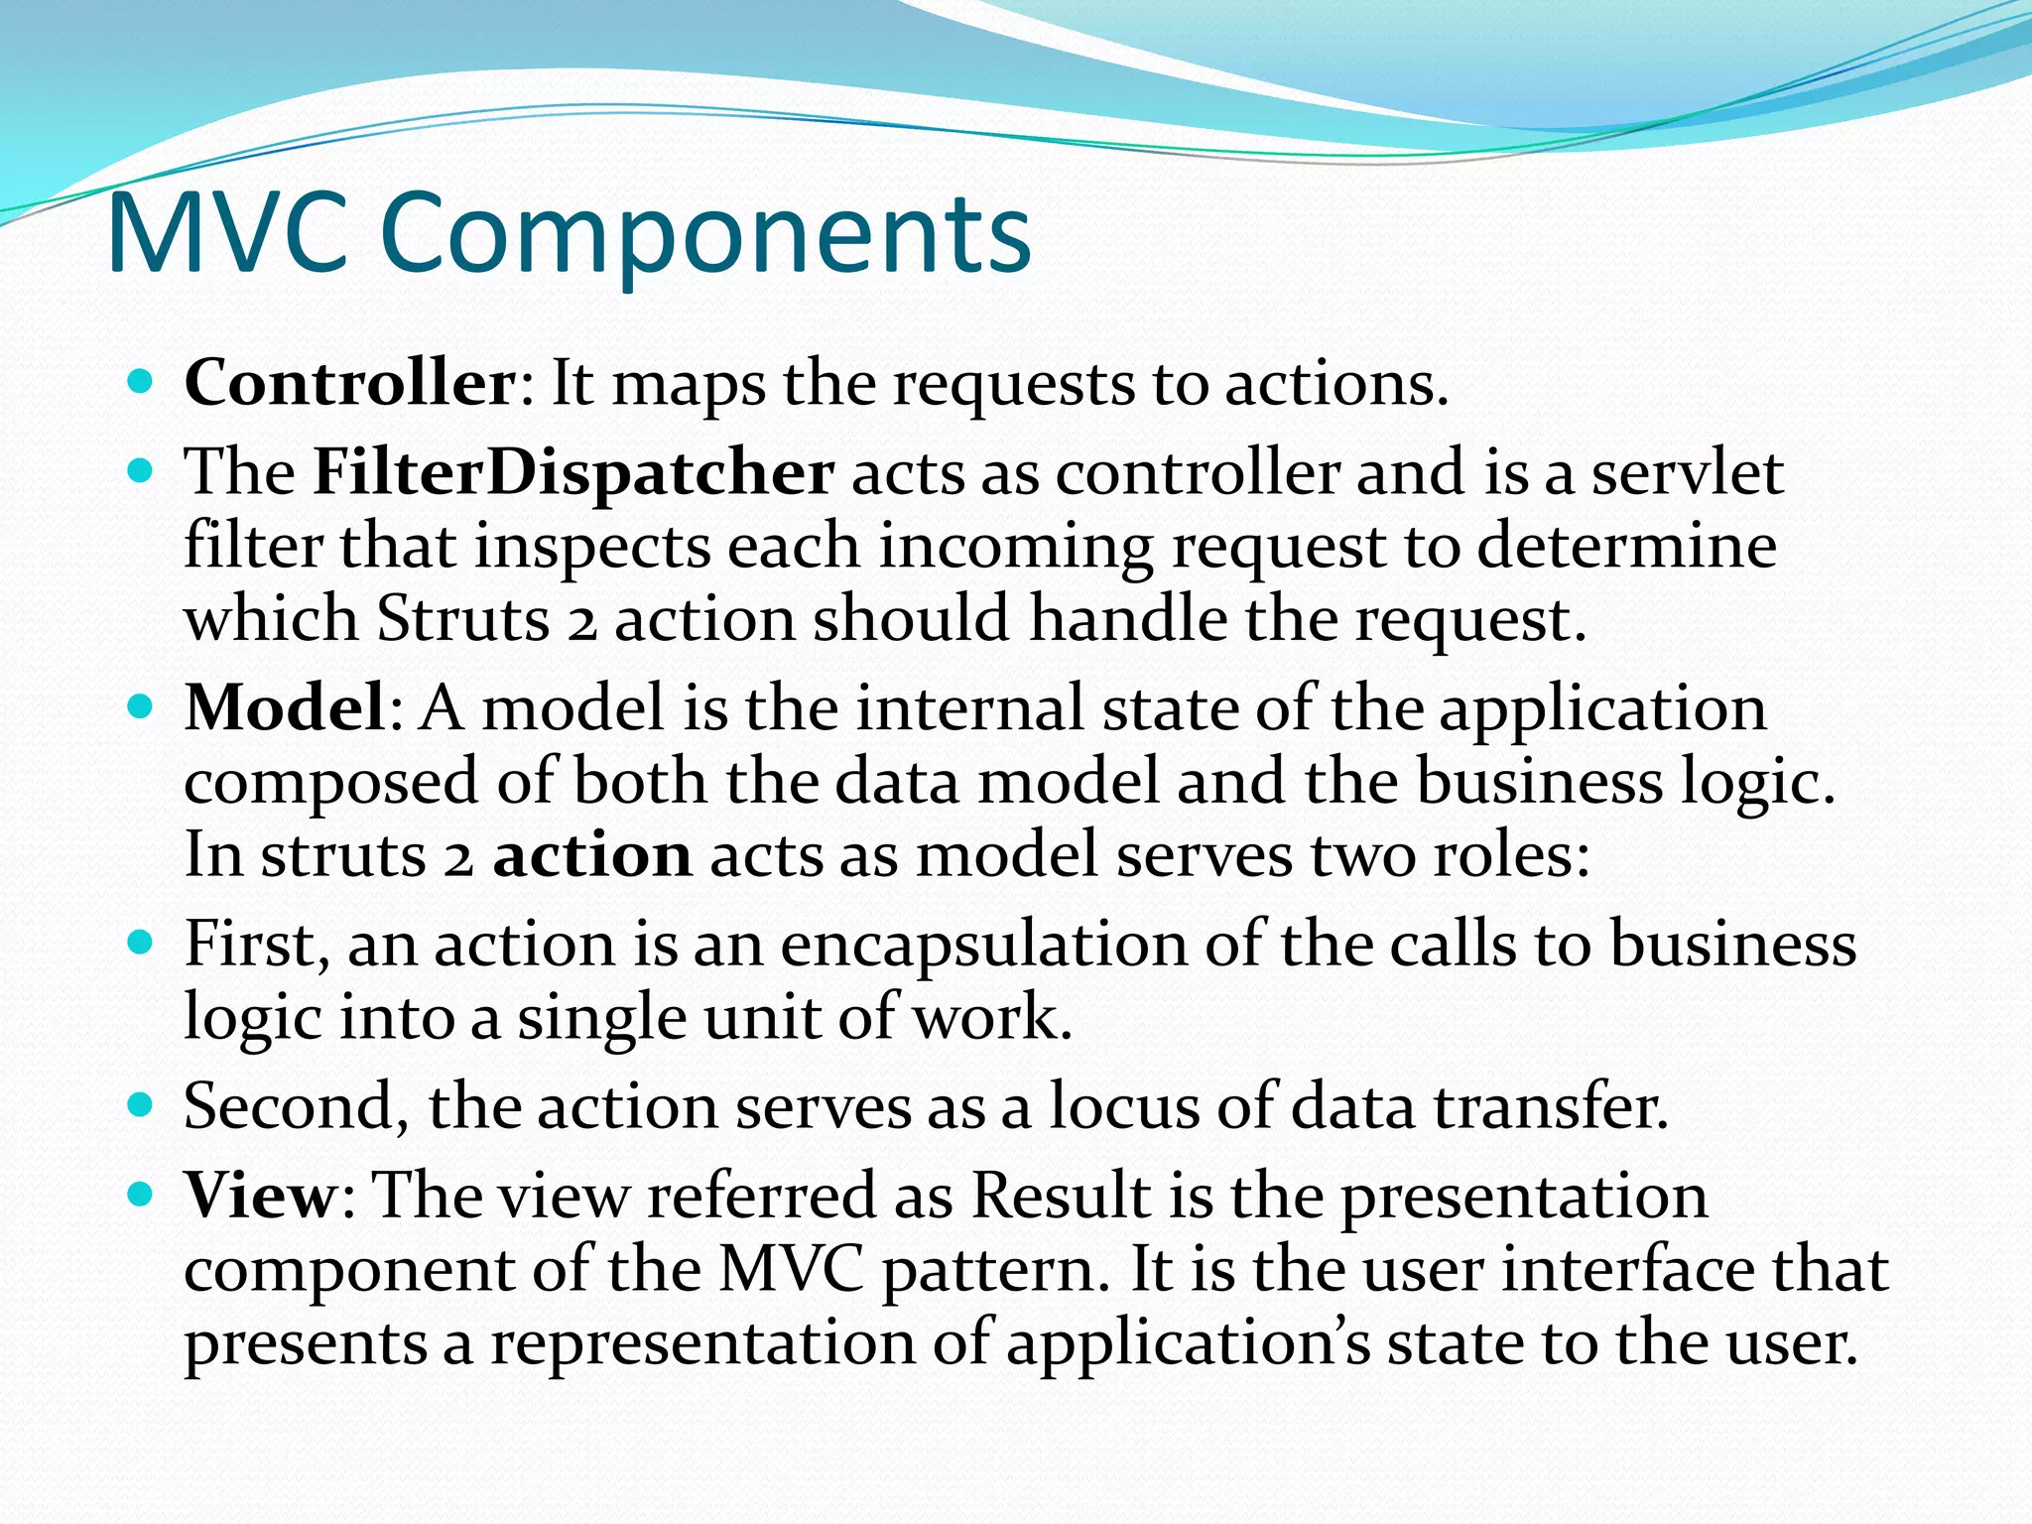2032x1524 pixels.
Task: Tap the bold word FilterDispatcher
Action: [572, 471]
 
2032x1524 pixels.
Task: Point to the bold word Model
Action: [285, 707]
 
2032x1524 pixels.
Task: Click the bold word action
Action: [592, 854]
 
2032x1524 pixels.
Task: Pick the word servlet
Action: [1688, 471]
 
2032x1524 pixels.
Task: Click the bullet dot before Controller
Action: [141, 381]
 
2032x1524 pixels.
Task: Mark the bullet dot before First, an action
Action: [141, 942]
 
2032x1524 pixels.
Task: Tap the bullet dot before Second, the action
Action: [141, 1103]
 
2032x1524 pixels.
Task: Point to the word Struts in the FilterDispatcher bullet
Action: [462, 619]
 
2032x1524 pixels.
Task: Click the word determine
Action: [1626, 546]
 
